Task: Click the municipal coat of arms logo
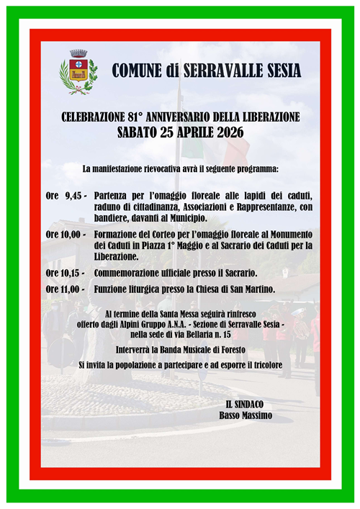point(78,71)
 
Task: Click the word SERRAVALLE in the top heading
point(225,71)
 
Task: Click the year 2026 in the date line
point(228,132)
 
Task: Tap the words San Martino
point(255,289)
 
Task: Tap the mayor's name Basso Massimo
point(246,415)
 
